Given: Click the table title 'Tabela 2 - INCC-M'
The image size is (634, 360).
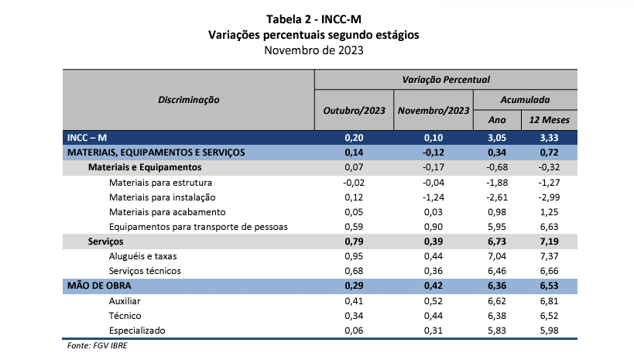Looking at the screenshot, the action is tap(314, 19).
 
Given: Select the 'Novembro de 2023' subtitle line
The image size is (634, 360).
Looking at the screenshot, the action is tap(314, 50).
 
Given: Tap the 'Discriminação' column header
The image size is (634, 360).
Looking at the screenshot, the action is tap(188, 100).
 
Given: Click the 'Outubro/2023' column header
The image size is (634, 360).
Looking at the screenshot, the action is tap(354, 111).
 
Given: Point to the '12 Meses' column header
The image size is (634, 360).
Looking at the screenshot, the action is tap(549, 120).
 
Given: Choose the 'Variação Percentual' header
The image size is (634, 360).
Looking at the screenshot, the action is tap(446, 80).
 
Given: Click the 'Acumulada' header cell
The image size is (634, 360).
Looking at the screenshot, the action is tap(525, 100).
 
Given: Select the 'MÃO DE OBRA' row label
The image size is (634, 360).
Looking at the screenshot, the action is tap(99, 286).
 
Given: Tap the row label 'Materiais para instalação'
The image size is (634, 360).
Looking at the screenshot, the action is tap(162, 197).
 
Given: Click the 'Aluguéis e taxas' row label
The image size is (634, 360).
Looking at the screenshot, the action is tap(142, 256).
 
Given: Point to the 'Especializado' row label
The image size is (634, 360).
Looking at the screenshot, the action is tap(137, 331).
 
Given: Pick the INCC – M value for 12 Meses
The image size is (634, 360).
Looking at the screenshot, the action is tap(549, 138).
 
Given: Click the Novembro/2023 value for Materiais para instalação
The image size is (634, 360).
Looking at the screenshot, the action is tap(434, 197).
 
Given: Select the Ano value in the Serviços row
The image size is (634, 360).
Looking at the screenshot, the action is tap(497, 242).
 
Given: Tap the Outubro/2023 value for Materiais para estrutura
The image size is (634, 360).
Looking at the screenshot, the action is tap(354, 183).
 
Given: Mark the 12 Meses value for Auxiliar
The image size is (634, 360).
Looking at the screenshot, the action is tap(549, 301).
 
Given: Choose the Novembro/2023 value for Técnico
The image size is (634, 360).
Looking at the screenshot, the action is tap(434, 316).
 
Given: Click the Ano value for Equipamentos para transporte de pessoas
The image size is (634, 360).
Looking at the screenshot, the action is tap(497, 227).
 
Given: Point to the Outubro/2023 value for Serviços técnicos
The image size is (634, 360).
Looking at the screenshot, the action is tap(354, 271).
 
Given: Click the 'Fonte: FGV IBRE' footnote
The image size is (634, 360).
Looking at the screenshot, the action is tap(97, 345).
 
